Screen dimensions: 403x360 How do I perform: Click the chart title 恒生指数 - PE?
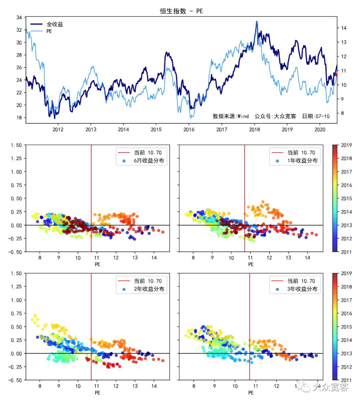[181, 11]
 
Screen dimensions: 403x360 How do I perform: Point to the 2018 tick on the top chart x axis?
[255, 129]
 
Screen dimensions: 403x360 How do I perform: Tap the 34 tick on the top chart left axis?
[19, 17]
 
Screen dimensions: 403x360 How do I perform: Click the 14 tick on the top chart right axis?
[344, 28]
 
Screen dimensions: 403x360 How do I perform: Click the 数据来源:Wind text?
[231, 116]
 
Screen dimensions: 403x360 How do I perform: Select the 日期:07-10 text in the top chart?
[316, 116]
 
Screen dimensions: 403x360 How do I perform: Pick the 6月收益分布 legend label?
[149, 161]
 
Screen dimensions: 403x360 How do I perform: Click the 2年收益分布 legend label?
[149, 289]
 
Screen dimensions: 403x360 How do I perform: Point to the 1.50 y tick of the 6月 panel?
[16, 145]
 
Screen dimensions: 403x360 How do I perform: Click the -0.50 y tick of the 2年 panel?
[15, 380]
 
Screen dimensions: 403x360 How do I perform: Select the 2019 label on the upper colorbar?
[346, 145]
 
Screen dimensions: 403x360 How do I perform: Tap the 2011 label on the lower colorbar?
[346, 380]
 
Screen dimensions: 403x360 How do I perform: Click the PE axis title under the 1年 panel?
[251, 264]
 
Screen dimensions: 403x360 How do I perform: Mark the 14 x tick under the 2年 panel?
[154, 386]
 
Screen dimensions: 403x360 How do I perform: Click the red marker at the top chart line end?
[336, 75]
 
